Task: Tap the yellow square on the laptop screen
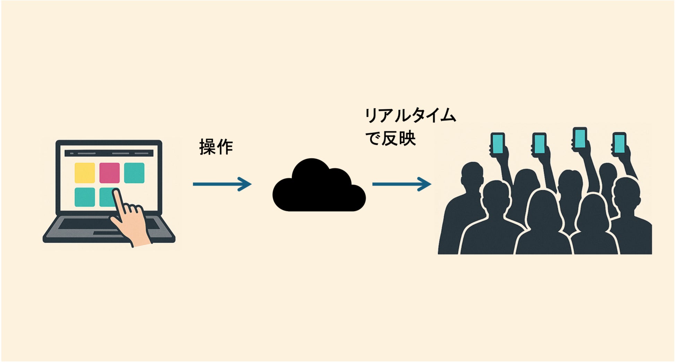(85, 173)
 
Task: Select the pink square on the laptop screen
(110, 173)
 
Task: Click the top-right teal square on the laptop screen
(134, 173)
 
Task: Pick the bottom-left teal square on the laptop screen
(85, 197)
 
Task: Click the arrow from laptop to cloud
(222, 184)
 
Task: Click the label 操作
(216, 147)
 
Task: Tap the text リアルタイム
(410, 116)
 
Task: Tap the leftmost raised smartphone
(497, 143)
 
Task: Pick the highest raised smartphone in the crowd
(580, 138)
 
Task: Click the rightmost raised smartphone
(619, 143)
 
